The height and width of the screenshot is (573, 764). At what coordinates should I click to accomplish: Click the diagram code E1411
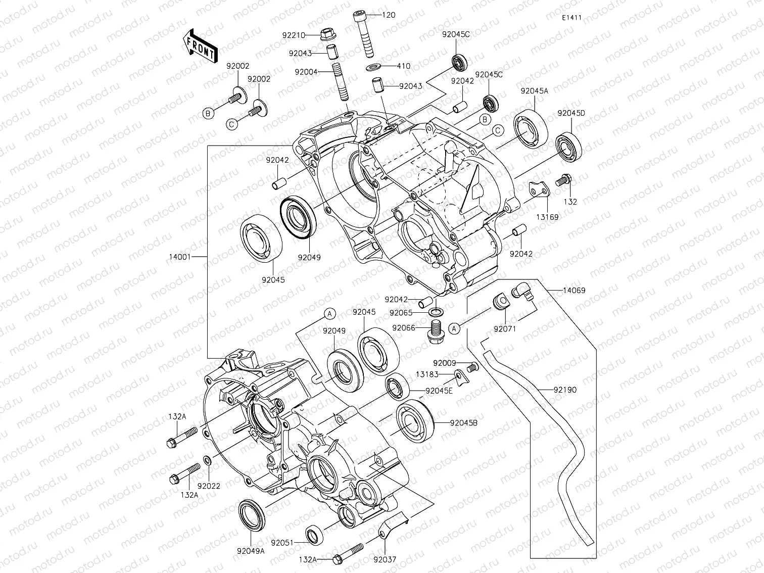click(x=572, y=18)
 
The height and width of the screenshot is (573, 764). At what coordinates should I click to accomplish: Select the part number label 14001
click(x=179, y=257)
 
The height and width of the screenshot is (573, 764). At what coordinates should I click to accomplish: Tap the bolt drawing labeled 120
click(x=366, y=35)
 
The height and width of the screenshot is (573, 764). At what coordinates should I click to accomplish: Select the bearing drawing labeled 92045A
click(x=531, y=127)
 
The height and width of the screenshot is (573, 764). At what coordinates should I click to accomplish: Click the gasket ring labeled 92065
click(x=437, y=312)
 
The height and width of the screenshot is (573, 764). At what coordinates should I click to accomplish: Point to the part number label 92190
click(x=564, y=390)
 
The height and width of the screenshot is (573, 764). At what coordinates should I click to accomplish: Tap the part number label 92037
click(x=385, y=559)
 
